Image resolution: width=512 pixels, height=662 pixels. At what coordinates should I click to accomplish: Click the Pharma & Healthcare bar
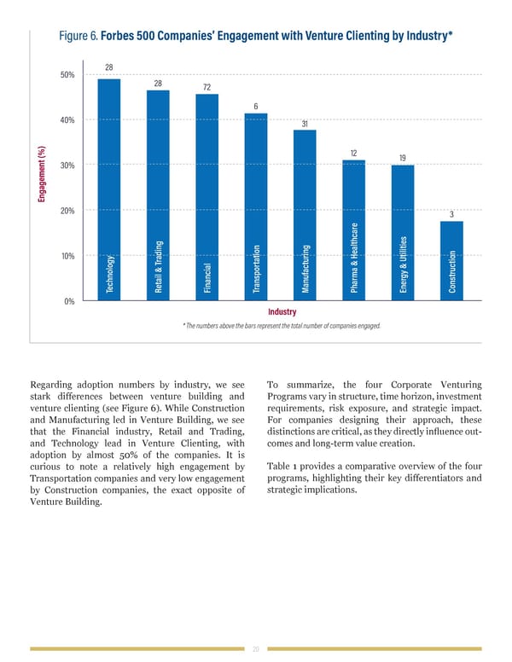coord(353,230)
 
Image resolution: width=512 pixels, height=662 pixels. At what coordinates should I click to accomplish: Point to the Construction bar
coord(451,261)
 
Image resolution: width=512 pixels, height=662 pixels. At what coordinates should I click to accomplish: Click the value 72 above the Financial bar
coord(207,87)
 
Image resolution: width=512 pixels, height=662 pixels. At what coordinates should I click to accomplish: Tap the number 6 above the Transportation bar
coord(256,106)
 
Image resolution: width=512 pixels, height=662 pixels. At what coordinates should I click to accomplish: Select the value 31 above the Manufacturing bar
coord(305,124)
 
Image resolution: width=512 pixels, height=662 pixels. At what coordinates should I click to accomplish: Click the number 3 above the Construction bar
coord(451,214)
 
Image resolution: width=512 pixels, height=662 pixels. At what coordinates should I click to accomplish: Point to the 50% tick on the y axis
coord(67,75)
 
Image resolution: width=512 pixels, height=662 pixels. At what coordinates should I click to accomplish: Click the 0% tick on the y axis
coord(69,302)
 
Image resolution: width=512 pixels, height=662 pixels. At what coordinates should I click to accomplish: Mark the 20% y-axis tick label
coord(67,211)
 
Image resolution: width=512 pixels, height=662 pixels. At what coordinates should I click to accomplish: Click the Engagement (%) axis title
coord(40,177)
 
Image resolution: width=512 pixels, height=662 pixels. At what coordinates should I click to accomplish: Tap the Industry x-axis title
coord(282,312)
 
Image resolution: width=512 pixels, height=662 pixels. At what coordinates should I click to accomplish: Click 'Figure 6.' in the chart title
coord(78,36)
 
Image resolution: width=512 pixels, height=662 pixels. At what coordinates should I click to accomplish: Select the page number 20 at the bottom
coord(256,648)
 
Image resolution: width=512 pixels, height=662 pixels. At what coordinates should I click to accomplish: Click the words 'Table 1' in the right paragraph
coord(282,465)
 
